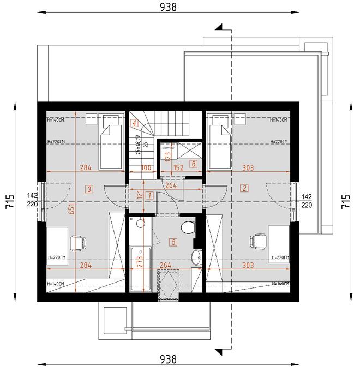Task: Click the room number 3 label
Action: (89, 189)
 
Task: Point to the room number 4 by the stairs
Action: (133, 123)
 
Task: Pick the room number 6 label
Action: (193, 163)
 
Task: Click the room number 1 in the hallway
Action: (142, 196)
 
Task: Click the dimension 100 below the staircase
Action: (146, 167)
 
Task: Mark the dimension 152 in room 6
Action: (177, 167)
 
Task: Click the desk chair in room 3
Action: (77, 241)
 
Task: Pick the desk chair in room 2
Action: (256, 241)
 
